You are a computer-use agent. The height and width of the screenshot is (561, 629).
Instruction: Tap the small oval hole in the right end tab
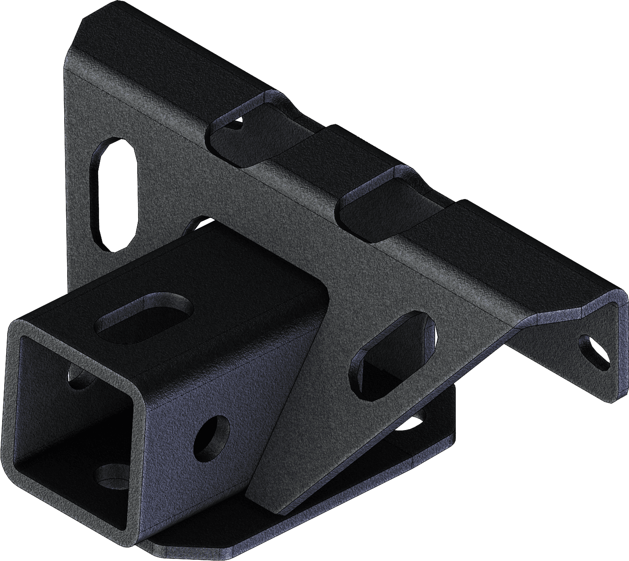point(595,349)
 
